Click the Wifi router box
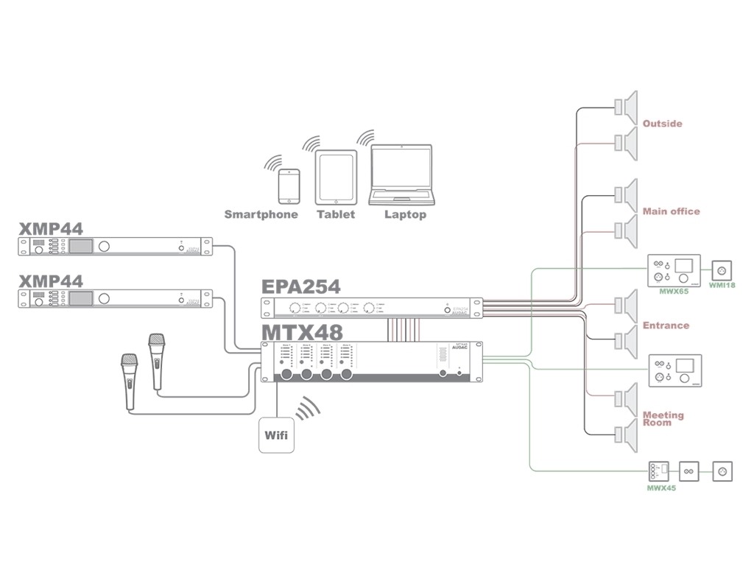pos(278,434)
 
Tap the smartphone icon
pos(289,186)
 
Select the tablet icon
pos(336,177)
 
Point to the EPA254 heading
pos(301,287)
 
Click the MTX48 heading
pos(302,331)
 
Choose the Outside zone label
pos(662,124)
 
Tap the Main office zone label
pos(671,211)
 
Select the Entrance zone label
pos(666,325)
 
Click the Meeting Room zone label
pos(663,418)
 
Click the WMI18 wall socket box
pos(722,269)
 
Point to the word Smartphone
pos(261,214)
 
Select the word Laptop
pos(405,214)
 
